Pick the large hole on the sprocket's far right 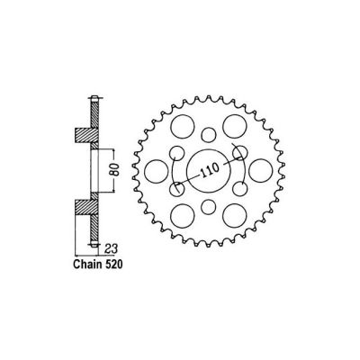(x=259, y=168)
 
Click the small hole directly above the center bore (x=208, y=134)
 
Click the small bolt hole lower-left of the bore (x=177, y=188)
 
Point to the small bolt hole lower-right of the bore (x=239, y=188)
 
